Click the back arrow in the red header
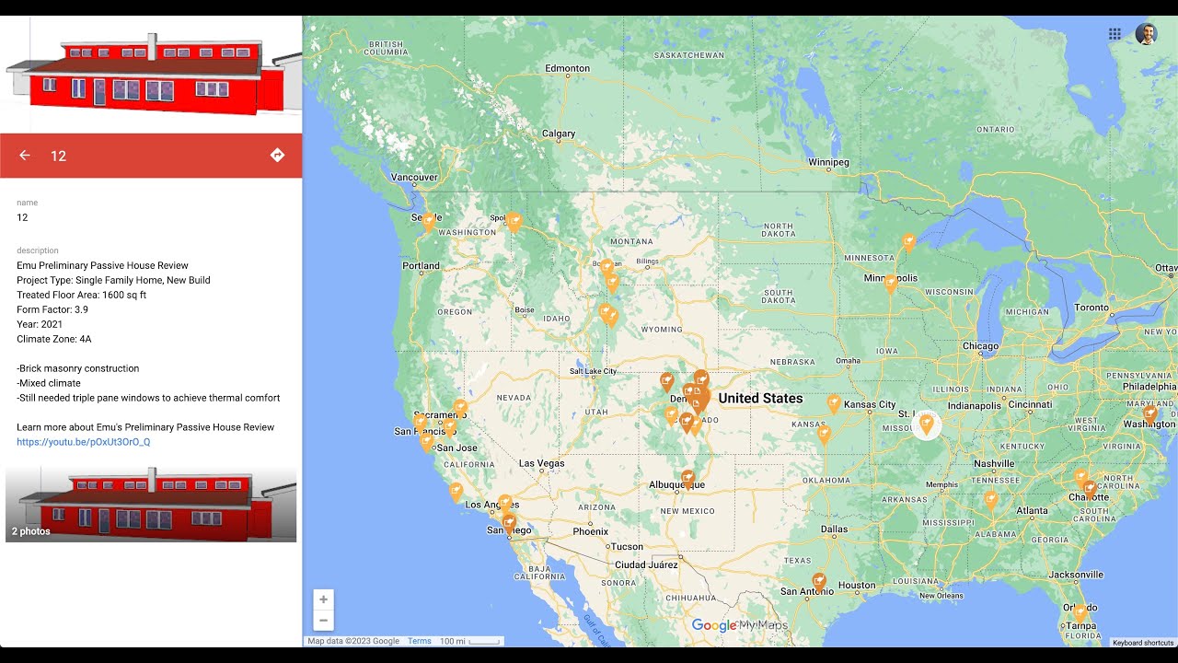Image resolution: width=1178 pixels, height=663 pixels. coord(25,156)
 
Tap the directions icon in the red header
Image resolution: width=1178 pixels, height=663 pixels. coord(277,156)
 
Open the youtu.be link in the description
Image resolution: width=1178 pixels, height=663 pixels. coord(83,442)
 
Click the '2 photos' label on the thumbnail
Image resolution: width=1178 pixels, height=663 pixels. coord(31,531)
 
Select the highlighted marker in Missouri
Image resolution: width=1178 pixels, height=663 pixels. coord(927,424)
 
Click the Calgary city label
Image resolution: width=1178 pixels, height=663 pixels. coord(558,134)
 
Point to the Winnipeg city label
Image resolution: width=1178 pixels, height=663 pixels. coord(828,163)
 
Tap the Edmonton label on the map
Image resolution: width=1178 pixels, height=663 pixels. coord(567,68)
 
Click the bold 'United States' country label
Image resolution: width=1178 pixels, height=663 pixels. coord(760,399)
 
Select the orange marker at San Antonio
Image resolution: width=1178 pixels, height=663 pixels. coord(819,582)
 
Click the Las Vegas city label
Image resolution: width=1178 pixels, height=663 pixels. coord(541,463)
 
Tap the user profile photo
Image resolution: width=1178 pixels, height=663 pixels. coord(1146,34)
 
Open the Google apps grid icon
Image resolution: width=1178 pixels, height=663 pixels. coord(1114,34)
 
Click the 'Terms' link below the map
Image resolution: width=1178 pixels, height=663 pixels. coord(420,641)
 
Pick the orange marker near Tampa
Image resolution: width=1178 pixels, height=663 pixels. coord(1080,611)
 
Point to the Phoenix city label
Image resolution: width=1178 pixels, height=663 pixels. coord(590,531)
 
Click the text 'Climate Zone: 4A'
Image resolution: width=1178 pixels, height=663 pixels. coord(54,339)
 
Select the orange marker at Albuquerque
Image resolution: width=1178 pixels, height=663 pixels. coord(687,477)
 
